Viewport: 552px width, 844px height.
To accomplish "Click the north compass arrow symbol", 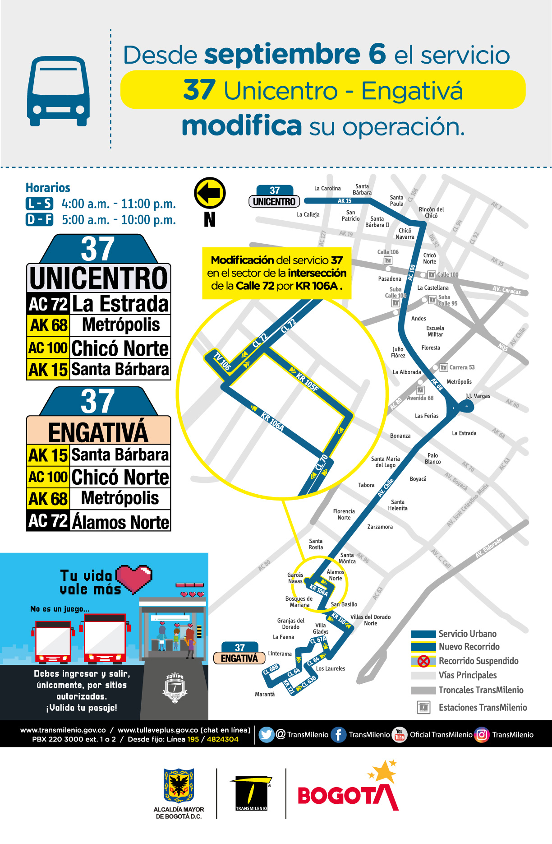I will click(210, 193).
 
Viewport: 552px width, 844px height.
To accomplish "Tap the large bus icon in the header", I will click(58, 91).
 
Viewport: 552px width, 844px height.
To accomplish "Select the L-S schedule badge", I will click(39, 204).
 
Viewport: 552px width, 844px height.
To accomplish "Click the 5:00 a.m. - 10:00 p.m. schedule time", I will click(119, 220).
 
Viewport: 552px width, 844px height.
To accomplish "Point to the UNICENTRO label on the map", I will click(274, 202).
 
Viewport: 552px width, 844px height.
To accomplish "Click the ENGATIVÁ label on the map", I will click(239, 659).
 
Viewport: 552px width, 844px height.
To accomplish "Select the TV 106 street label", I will click(222, 362).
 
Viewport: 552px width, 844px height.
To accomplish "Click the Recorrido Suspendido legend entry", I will click(478, 661).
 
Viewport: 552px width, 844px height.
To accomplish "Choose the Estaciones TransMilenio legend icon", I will click(423, 707).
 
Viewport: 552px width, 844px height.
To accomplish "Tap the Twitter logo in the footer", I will click(267, 735).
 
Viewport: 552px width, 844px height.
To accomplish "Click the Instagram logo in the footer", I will click(482, 735).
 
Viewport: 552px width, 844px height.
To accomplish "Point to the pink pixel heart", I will click(135, 578).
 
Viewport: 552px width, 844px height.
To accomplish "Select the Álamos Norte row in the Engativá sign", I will click(98, 521).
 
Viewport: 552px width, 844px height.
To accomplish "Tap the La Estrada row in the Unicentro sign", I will click(98, 304).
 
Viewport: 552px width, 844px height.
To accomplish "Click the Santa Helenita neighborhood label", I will click(398, 505).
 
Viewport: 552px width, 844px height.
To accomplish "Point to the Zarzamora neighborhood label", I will click(380, 527).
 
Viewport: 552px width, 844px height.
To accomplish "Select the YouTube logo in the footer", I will click(399, 735).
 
